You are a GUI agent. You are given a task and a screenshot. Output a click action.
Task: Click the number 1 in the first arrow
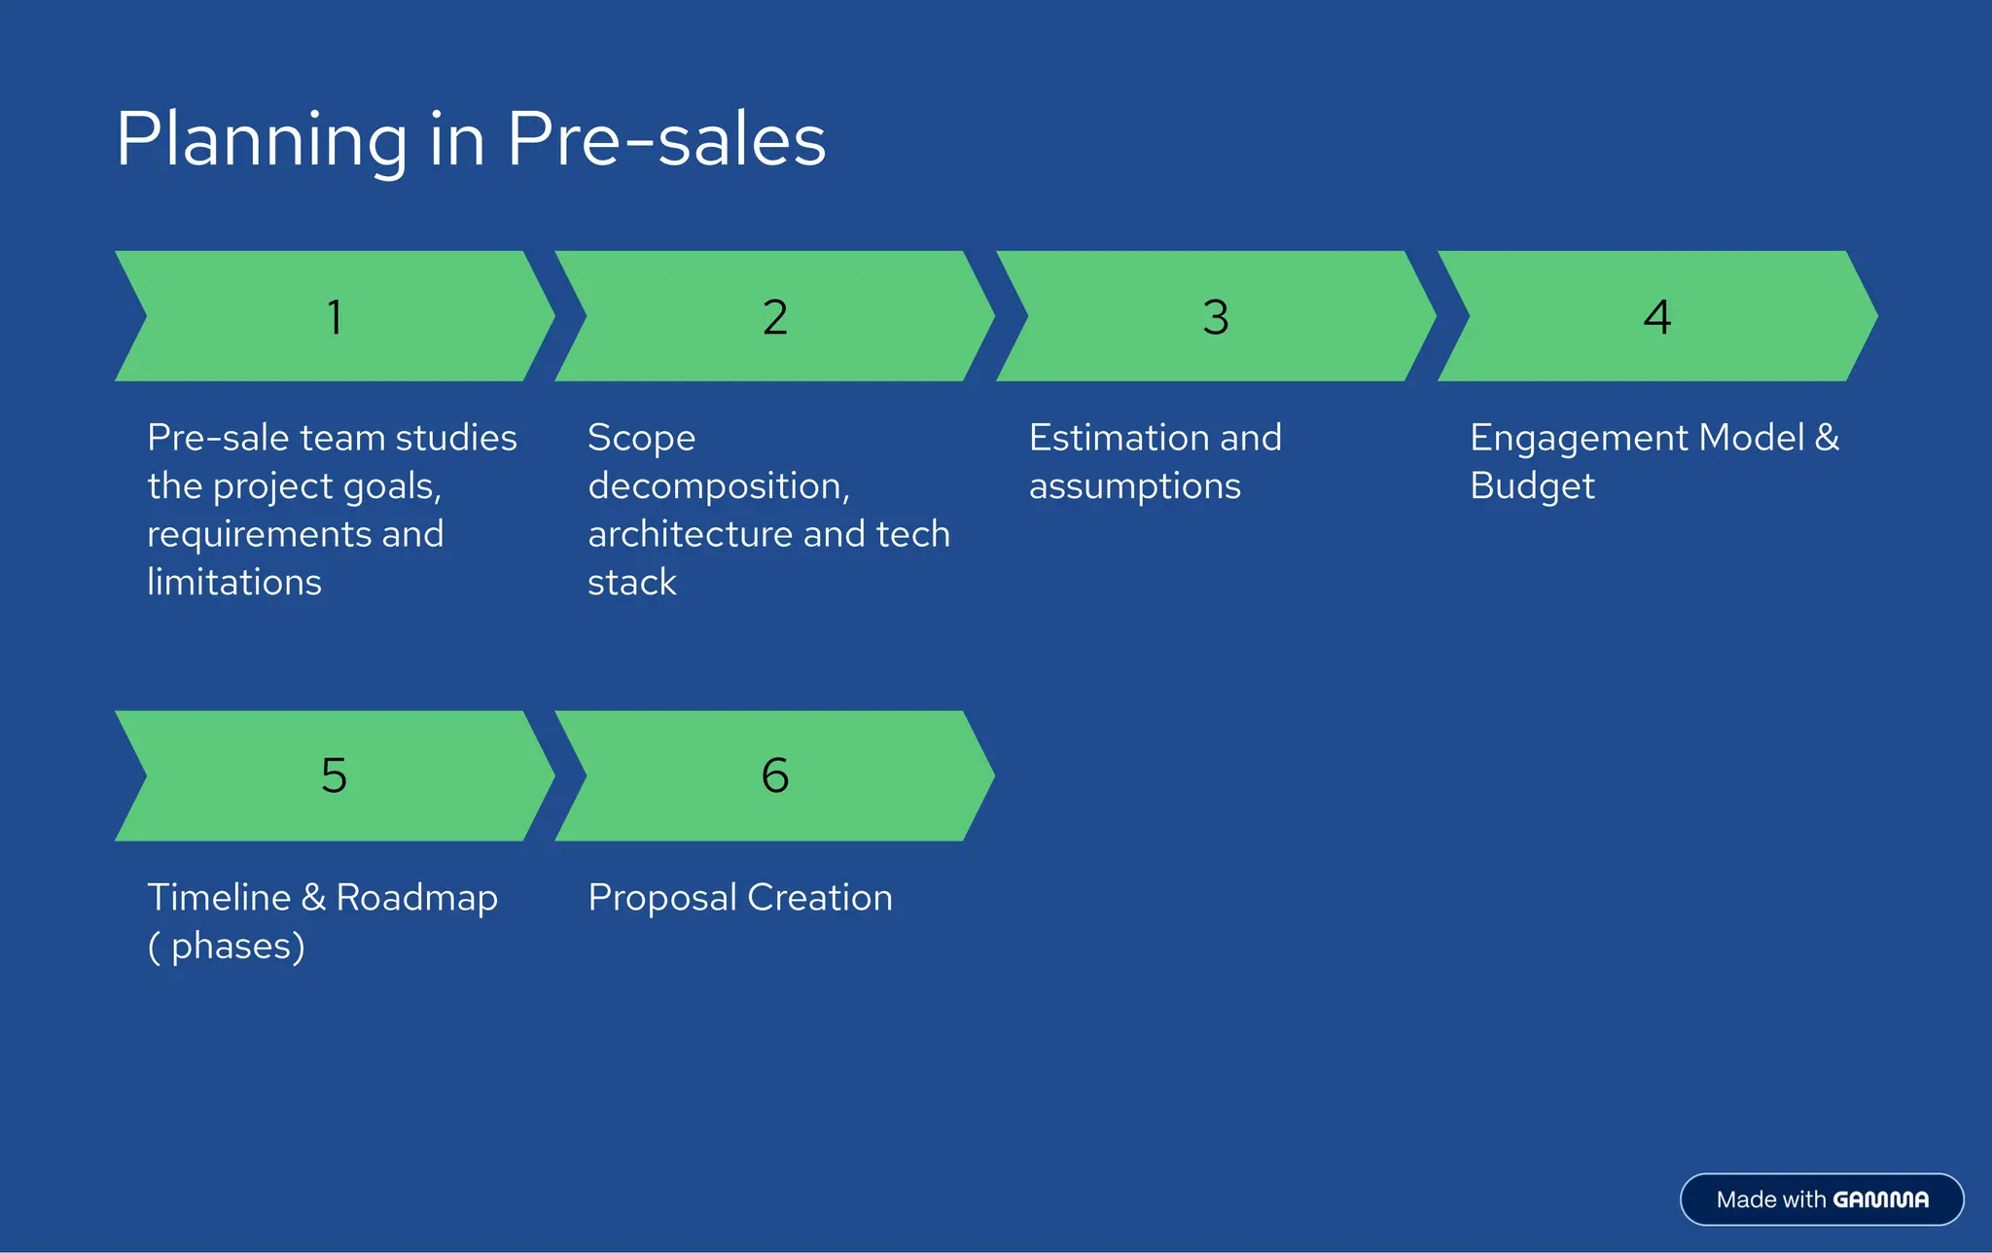point(335,317)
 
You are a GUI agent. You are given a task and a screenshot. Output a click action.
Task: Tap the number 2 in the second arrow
point(775,317)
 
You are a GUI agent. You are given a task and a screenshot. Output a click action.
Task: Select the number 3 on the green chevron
point(1216,317)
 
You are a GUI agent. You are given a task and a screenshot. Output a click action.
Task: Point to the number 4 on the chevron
point(1657,317)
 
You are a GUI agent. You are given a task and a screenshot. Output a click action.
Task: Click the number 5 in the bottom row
point(334,775)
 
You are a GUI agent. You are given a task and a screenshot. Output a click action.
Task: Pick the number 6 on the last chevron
point(775,775)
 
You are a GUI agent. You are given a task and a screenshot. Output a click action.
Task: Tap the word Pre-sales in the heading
point(666,139)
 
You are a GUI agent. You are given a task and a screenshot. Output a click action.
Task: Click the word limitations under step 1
point(234,582)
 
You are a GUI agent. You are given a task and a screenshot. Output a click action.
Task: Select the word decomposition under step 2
point(718,486)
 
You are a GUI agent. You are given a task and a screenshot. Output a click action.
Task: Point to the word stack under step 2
point(632,582)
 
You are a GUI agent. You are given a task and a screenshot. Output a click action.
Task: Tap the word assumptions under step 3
point(1134,486)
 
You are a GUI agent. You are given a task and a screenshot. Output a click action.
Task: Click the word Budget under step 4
point(1532,486)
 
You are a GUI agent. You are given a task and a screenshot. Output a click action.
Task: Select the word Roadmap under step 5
point(416,898)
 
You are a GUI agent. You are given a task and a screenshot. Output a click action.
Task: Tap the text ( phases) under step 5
point(227,947)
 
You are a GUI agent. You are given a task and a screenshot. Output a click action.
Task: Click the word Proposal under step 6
point(661,898)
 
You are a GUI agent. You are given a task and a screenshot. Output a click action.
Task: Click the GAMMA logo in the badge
point(1880,1199)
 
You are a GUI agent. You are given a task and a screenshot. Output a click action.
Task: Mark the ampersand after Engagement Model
point(1827,438)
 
